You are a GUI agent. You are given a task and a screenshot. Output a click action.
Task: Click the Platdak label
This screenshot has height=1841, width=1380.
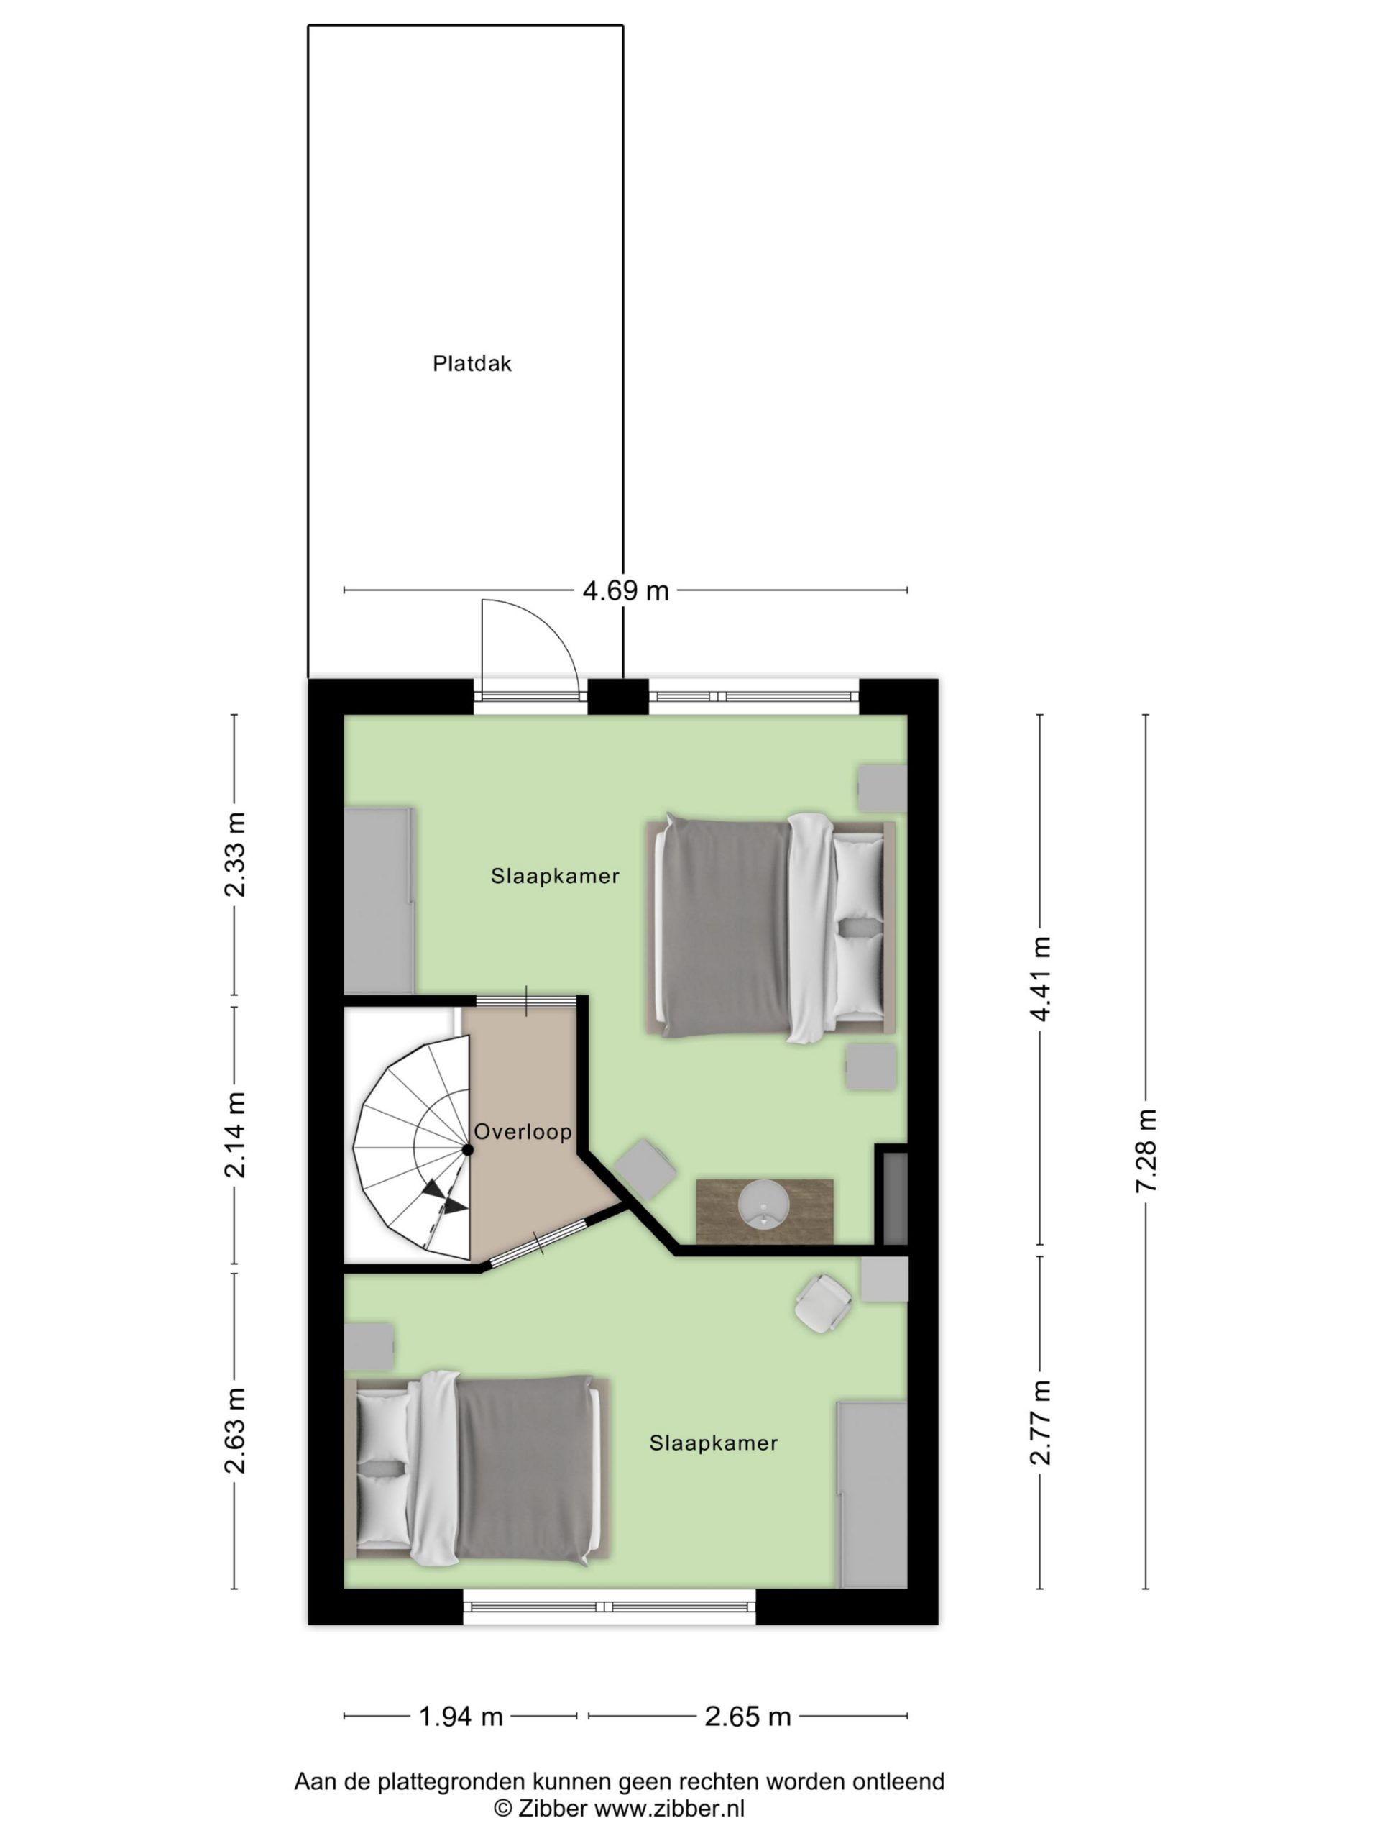coord(471,364)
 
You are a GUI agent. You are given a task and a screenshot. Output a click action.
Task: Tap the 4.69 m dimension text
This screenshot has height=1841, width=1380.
coord(625,591)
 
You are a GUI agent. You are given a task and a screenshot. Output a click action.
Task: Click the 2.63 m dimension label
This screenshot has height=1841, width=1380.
coord(236,1430)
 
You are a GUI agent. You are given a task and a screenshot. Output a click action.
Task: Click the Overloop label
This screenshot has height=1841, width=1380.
coord(523,1132)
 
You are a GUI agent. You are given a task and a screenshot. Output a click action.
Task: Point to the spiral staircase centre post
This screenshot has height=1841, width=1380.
coord(467,1149)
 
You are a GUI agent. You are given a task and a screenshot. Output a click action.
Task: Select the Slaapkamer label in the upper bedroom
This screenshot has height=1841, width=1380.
coord(555,877)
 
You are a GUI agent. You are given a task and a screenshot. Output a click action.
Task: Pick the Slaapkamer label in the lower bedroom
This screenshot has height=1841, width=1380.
coord(714,1443)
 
